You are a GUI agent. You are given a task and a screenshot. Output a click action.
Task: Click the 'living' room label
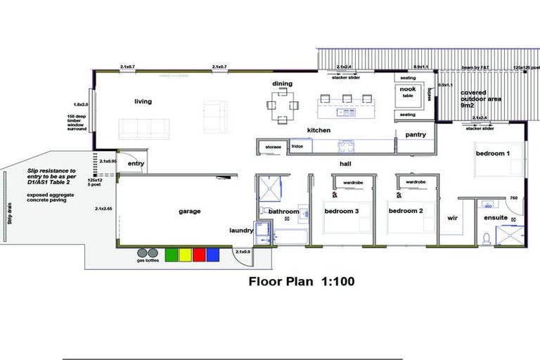(143, 101)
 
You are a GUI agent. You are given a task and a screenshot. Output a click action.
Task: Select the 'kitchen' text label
(319, 130)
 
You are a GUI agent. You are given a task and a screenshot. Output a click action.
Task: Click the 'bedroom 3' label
(342, 211)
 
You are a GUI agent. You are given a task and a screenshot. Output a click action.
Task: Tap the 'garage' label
(189, 211)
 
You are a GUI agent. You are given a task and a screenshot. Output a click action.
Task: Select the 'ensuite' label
(496, 217)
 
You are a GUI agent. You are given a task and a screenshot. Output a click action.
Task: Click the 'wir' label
(452, 218)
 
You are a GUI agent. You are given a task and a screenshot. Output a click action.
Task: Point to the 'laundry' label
(240, 230)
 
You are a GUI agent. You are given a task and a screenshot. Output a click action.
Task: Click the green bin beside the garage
(171, 255)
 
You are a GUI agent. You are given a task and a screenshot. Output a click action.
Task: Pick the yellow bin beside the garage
(185, 255)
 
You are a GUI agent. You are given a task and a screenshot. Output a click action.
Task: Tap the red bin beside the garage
(199, 255)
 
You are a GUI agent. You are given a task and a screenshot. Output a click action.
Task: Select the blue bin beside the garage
(214, 255)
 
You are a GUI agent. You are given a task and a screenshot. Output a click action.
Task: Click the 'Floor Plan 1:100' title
(302, 282)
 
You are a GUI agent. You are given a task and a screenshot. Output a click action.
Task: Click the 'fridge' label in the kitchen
(297, 146)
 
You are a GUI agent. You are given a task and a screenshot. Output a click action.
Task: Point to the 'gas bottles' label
(148, 260)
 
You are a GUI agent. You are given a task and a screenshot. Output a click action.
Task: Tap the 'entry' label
(136, 164)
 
